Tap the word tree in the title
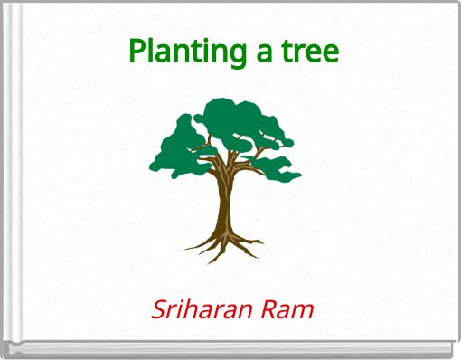coord(309,52)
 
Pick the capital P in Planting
coord(136,51)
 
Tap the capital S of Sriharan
coord(158,310)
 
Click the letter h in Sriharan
coord(190,310)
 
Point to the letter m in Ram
coord(303,312)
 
